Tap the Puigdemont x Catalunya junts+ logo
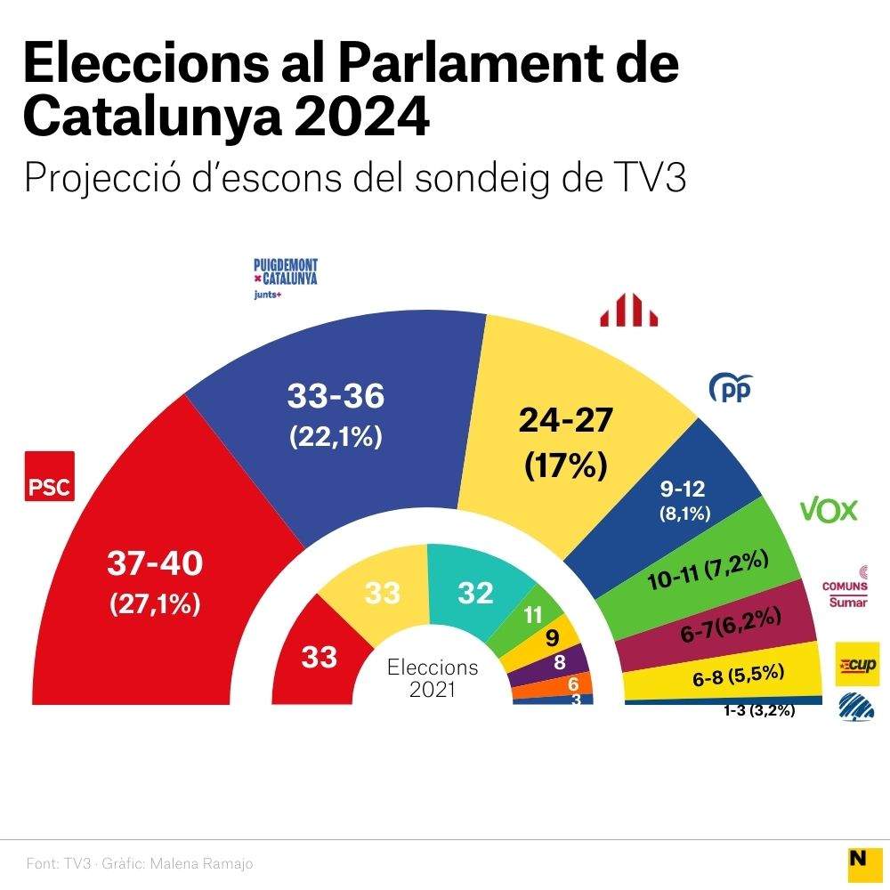pyautogui.click(x=285, y=279)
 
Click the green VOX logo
pyautogui.click(x=829, y=510)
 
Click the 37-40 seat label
pyautogui.click(x=155, y=562)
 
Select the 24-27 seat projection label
pyautogui.click(x=566, y=419)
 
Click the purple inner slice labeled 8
pyautogui.click(x=559, y=662)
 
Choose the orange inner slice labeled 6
pyautogui.click(x=572, y=684)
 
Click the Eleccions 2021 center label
pyautogui.click(x=433, y=677)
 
